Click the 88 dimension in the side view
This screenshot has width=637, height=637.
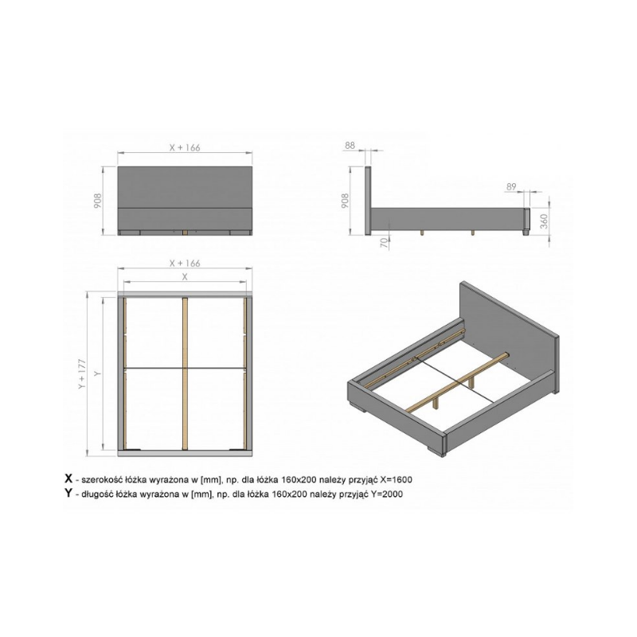[x=350, y=145]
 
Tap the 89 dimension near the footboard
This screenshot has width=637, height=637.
[x=511, y=186]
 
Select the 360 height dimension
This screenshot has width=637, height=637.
[x=544, y=221]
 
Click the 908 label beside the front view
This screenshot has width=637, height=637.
[x=97, y=201]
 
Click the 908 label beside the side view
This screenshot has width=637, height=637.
[x=345, y=201]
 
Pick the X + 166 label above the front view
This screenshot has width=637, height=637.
[x=185, y=147]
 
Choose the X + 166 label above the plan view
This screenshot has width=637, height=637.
[x=185, y=264]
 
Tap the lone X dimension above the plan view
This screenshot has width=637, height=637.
[x=185, y=276]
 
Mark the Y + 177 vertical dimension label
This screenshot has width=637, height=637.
[x=83, y=373]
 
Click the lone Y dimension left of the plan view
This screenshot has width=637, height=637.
[x=96, y=373]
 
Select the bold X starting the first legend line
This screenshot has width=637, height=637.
[x=68, y=479]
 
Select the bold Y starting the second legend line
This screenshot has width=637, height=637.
[x=68, y=493]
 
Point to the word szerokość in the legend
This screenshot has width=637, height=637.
[x=101, y=479]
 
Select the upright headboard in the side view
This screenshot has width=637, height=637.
[x=368, y=201]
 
